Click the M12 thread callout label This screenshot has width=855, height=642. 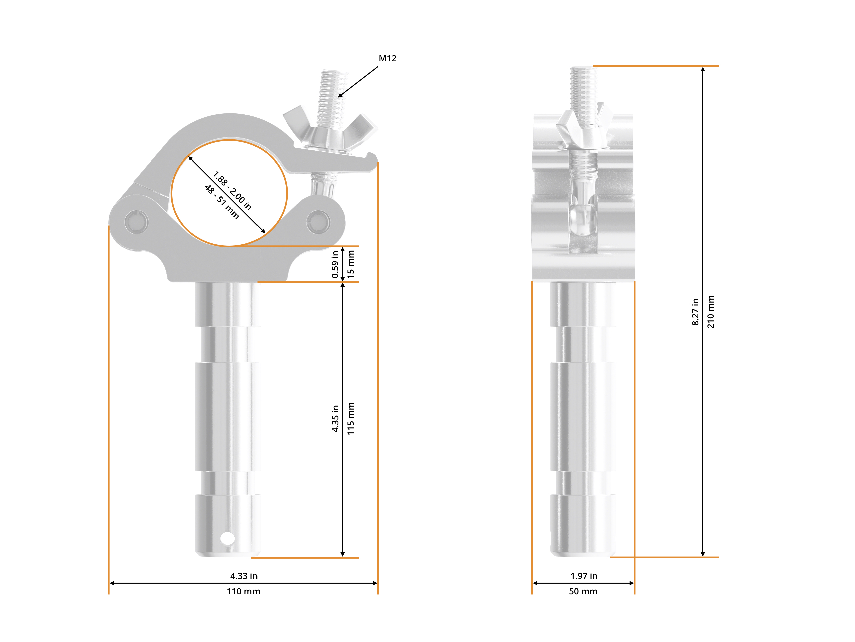click(x=387, y=59)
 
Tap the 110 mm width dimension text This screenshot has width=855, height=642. click(x=243, y=591)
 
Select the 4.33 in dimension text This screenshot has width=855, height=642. click(x=243, y=576)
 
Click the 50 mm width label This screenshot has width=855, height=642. click(x=583, y=591)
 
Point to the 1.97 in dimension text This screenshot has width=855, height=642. click(x=584, y=576)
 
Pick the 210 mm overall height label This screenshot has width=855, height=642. click(x=710, y=312)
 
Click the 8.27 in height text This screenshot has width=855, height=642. click(x=695, y=312)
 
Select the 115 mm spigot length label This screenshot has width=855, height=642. click(x=351, y=418)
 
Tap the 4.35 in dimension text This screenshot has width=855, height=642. click(x=335, y=418)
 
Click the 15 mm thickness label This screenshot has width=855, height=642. click(x=351, y=264)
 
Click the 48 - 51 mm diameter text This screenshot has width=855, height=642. click(x=221, y=202)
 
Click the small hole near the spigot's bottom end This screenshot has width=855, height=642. click(x=227, y=538)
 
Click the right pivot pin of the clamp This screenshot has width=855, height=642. click(x=318, y=222)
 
